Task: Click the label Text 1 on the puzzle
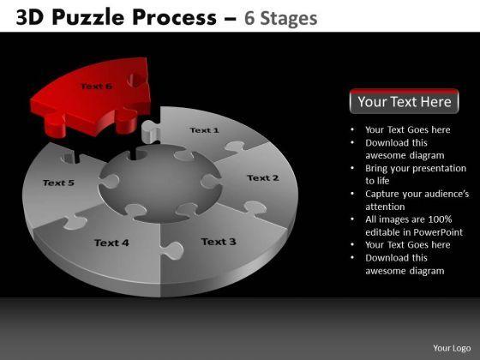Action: pyautogui.click(x=204, y=130)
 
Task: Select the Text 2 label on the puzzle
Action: pyautogui.click(x=263, y=178)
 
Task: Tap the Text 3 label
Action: pyautogui.click(x=219, y=242)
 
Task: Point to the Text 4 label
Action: pyautogui.click(x=111, y=243)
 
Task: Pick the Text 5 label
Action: pyautogui.click(x=58, y=183)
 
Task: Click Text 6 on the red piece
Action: pyautogui.click(x=96, y=86)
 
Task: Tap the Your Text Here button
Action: pyautogui.click(x=404, y=101)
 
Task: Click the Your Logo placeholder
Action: pyautogui.click(x=452, y=348)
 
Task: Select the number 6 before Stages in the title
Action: pyautogui.click(x=249, y=18)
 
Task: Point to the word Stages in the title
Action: pyautogui.click(x=289, y=19)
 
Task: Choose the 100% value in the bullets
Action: pyautogui.click(x=440, y=219)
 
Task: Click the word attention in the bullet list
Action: pyautogui.click(x=385, y=207)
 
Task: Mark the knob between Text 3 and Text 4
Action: pyautogui.click(x=171, y=250)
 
